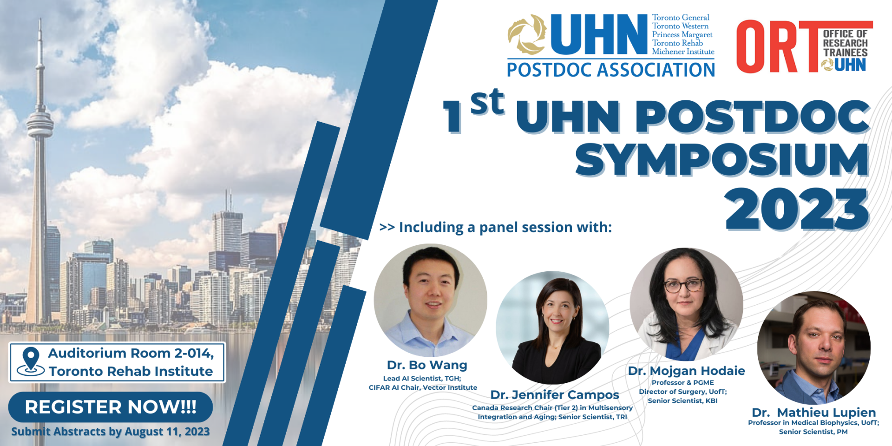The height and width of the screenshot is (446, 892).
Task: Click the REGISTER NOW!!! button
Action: coord(111,407)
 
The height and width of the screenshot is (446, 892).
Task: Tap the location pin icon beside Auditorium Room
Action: coord(31,361)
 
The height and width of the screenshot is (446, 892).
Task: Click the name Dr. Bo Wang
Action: coord(427,365)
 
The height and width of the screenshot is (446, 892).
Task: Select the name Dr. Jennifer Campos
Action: coord(555,395)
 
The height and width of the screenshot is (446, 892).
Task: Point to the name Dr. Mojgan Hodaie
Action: coord(686,371)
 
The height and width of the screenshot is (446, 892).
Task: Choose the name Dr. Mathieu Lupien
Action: coord(813,413)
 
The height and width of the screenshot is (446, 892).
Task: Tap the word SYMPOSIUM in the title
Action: coord(722,160)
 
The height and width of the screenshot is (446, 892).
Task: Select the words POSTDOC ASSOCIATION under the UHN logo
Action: coord(610,70)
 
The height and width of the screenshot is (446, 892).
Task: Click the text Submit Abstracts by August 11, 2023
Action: coord(111,432)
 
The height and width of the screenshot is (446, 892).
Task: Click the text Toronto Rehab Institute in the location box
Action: coord(131,372)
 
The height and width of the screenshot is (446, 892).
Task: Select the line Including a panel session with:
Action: coord(496,227)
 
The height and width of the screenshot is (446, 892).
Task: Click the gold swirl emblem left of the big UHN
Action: coord(527,35)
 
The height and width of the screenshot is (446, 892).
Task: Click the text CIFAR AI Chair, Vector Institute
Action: coord(423,387)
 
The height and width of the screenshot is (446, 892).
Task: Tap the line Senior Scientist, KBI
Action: coord(682,401)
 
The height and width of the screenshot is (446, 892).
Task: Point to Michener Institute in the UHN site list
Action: coord(683,52)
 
